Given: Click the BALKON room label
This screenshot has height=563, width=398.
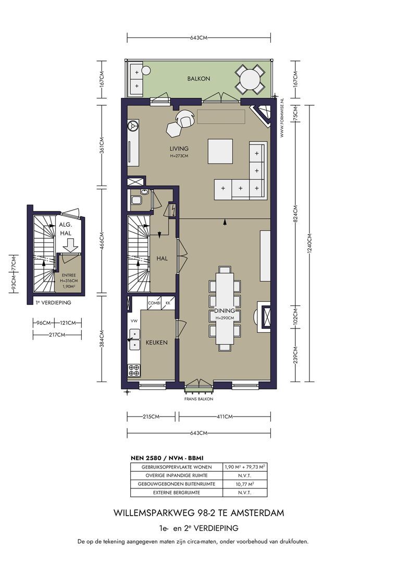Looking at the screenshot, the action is pos(198,78).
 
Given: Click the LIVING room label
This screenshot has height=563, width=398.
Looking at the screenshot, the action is pos(179,148).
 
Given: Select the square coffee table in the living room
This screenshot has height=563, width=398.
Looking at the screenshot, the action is pos(220,151).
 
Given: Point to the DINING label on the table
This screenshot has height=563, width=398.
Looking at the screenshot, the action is pos(225,311).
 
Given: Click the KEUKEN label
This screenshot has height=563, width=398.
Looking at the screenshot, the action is pos(156,342).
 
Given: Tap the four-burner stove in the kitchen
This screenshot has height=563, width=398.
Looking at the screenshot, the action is pos(134,371).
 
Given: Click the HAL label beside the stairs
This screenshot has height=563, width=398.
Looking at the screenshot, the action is pos(162,258).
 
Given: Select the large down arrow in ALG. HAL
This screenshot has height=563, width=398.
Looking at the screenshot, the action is pos(70,246).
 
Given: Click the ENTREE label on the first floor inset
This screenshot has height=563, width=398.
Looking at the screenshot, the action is pos(69,275).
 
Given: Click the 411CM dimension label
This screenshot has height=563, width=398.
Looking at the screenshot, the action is pos(225,417).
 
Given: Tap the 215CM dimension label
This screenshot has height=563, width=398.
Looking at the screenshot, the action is pos(151,417).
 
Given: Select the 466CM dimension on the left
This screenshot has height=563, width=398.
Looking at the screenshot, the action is pos(102,240).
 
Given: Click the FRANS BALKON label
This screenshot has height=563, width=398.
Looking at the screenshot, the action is pos(198,399).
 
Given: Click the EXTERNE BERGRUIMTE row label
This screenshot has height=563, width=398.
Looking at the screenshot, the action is pos(177,493).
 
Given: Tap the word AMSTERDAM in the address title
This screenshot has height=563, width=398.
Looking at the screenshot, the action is pos(257,513).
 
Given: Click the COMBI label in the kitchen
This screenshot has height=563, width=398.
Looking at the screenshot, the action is pos(154,303).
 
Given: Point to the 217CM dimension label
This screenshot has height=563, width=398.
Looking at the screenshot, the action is pos(57,335).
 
